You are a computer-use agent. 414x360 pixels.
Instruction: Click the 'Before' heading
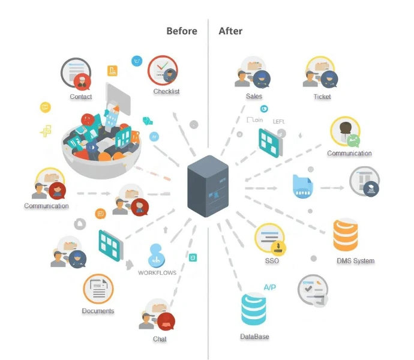pyautogui.click(x=181, y=31)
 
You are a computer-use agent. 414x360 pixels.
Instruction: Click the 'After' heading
pyautogui.click(x=231, y=31)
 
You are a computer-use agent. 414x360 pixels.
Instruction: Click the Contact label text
pyautogui.click(x=80, y=97)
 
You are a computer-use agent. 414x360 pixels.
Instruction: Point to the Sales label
pyautogui.click(x=254, y=97)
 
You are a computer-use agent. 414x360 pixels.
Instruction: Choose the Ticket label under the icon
pyautogui.click(x=322, y=97)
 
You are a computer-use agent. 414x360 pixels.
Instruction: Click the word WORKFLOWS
pyautogui.click(x=157, y=273)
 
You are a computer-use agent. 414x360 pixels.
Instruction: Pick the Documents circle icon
pyautogui.click(x=98, y=290)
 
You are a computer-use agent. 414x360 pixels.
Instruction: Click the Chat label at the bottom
pyautogui.click(x=160, y=340)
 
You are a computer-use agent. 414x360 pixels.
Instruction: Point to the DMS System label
pyautogui.click(x=355, y=261)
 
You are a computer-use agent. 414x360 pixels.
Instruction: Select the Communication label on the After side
pyautogui.click(x=349, y=154)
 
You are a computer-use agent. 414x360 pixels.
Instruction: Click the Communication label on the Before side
pyautogui.click(x=46, y=206)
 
